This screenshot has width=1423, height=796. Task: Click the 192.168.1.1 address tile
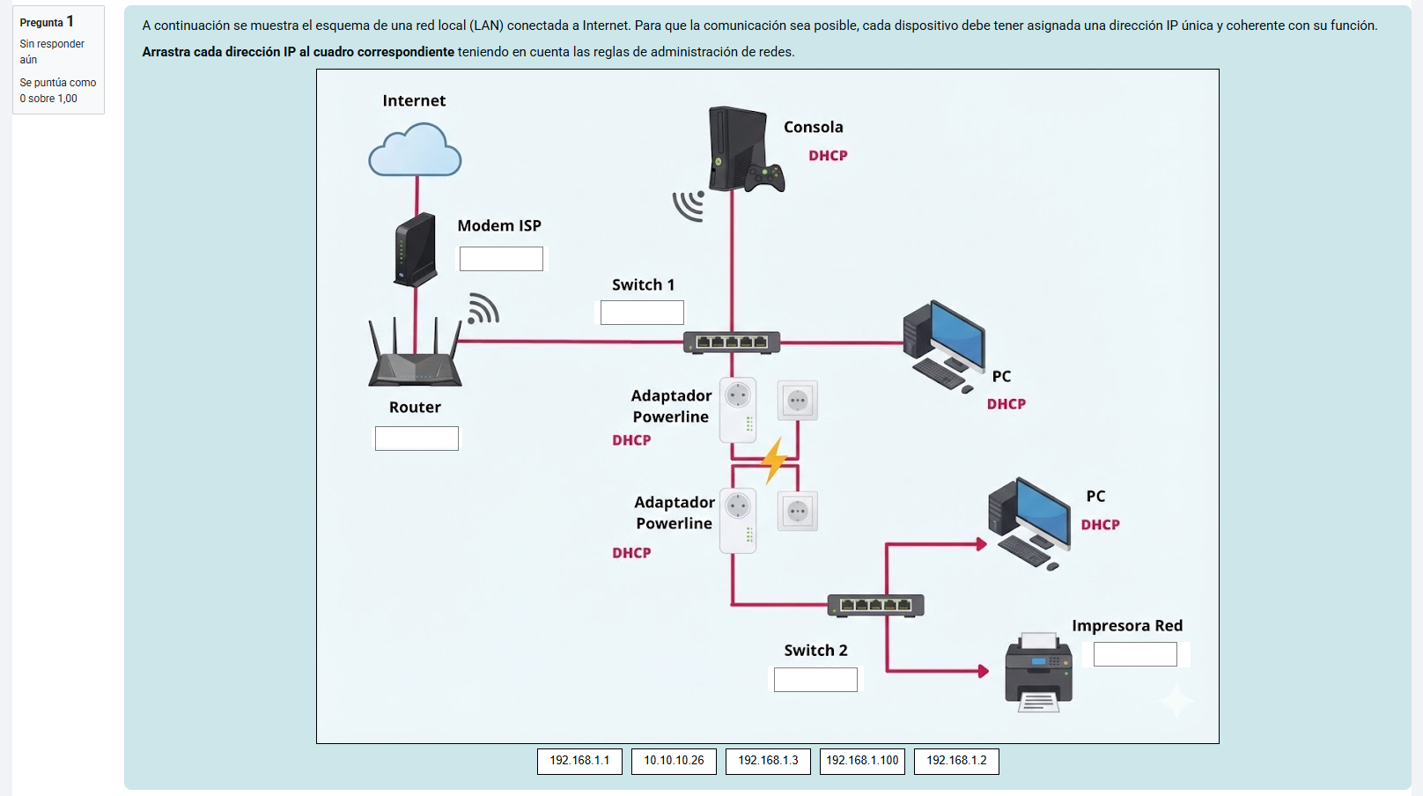coord(579,761)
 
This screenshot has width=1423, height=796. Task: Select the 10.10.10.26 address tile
coord(674,761)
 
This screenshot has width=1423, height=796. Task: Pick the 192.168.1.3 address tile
coord(768,761)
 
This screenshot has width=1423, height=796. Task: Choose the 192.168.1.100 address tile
coord(862,761)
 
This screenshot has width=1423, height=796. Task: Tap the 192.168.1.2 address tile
coord(956,761)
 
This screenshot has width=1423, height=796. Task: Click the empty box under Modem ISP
coord(501,259)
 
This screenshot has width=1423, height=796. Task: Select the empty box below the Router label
coord(417,439)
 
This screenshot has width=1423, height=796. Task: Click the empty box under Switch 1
coord(642,313)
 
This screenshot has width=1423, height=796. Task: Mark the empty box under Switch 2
coord(815,680)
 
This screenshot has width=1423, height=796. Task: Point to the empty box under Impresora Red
coord(1135,654)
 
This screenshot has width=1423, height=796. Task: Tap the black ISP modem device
coord(416,250)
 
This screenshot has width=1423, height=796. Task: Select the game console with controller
coord(741,151)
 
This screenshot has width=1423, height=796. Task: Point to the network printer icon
coord(1039,673)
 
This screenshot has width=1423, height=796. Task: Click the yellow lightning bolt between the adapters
coord(774,460)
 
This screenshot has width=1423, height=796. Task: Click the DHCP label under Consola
coord(828,156)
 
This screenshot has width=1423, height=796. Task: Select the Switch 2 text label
coord(815,651)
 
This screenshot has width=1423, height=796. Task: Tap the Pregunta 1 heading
coord(47,22)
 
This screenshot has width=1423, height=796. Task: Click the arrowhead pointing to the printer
coord(983,671)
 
